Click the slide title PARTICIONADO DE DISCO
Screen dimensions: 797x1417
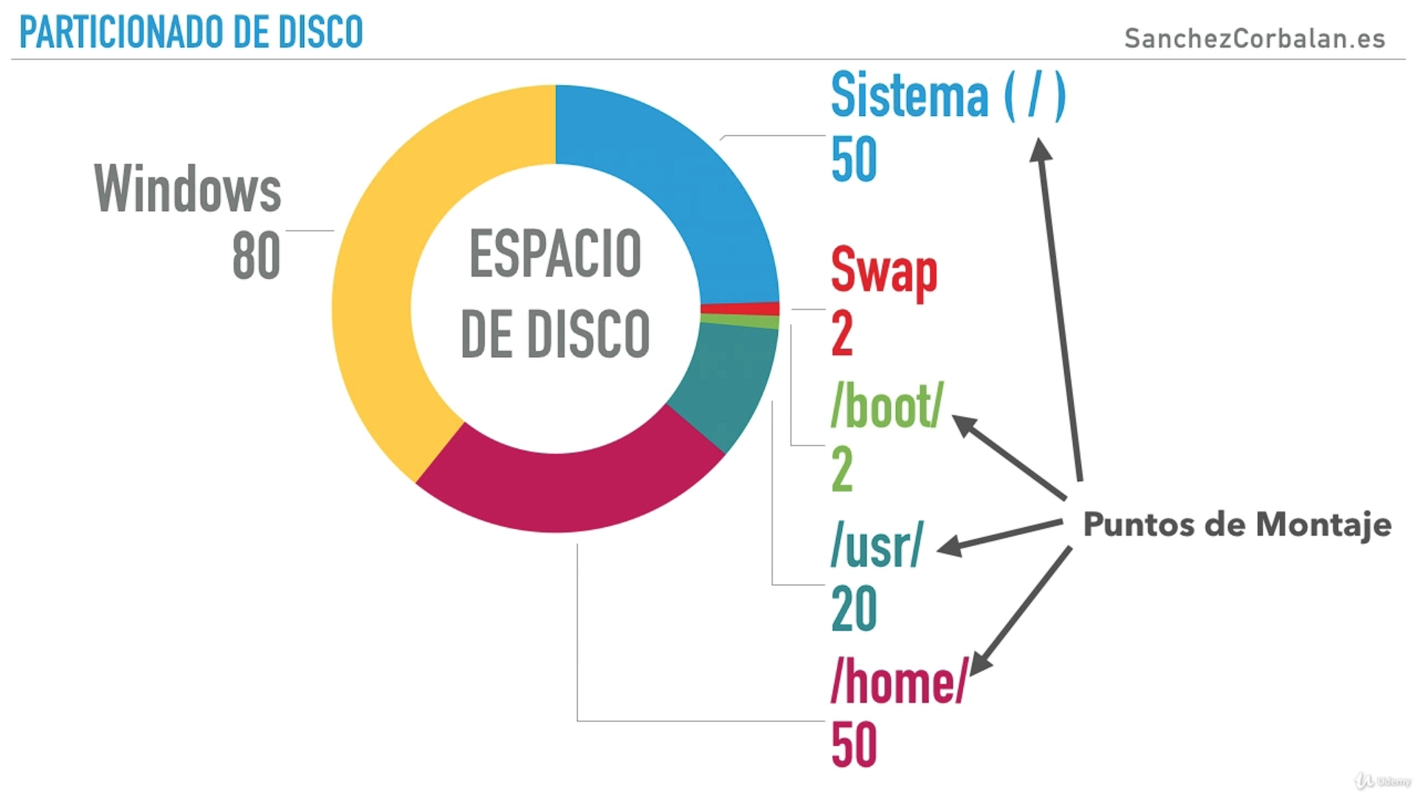(x=191, y=32)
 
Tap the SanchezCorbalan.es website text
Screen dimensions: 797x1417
(x=1254, y=38)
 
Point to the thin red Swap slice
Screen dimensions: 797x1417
(x=740, y=308)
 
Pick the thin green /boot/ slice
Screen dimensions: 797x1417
(x=739, y=321)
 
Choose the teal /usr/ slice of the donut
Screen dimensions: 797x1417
(x=727, y=384)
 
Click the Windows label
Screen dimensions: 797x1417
(x=187, y=189)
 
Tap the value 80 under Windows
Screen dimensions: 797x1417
(x=256, y=256)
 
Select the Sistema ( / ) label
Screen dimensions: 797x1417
(x=948, y=96)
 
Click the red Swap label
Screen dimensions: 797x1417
(x=883, y=272)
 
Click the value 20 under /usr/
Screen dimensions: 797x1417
(x=854, y=609)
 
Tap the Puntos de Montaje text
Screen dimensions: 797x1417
(x=1237, y=525)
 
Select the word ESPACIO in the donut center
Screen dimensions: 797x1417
(x=555, y=254)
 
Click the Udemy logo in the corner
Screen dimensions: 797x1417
(x=1382, y=781)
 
